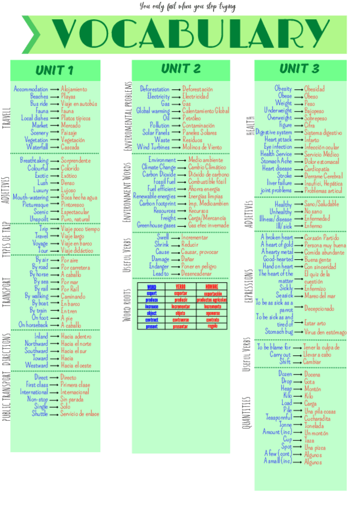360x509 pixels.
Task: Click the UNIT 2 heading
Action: [x=181, y=68]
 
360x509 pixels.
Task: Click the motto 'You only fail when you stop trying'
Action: [x=187, y=7]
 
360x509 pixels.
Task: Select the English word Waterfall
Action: [x=37, y=147]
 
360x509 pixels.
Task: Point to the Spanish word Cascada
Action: [x=70, y=147]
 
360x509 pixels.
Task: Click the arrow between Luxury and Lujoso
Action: [x=54, y=190]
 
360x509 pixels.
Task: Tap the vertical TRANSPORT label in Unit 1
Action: [x=7, y=292]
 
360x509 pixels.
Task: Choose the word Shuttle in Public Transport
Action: [x=40, y=414]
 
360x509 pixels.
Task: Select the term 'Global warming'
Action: [x=152, y=111]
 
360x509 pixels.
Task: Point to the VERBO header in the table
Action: [x=181, y=287]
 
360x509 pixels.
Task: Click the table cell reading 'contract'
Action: [x=151, y=321]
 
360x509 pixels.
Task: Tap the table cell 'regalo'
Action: [x=212, y=327]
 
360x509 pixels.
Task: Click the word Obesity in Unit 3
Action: [x=283, y=89]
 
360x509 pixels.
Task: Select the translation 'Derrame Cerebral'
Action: [x=323, y=176]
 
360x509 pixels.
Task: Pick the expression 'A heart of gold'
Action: [x=277, y=245]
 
